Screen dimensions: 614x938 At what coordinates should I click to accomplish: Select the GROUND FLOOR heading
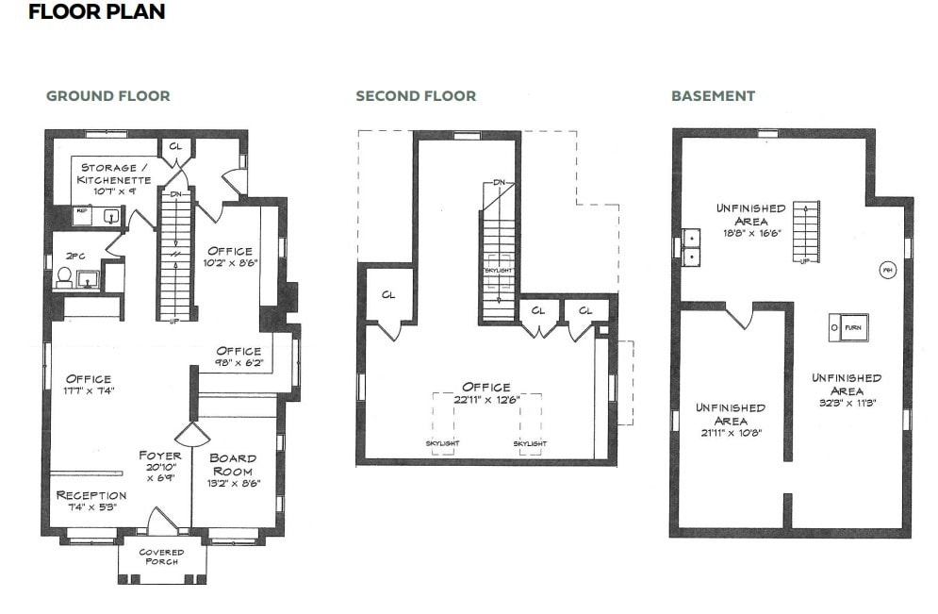point(108,96)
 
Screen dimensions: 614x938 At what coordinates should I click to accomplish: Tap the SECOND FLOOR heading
point(416,96)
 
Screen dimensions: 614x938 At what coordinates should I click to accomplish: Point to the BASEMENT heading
point(713,96)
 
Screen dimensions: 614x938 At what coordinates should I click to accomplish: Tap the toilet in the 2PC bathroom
point(65,276)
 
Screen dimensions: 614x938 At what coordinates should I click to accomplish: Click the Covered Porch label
point(161,556)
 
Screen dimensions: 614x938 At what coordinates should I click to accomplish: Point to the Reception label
point(91,495)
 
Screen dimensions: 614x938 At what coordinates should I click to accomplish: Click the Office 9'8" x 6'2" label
point(239,357)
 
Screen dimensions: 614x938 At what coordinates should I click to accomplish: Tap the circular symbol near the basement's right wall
point(887,269)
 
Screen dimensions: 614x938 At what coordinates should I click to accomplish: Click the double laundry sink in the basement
point(691,247)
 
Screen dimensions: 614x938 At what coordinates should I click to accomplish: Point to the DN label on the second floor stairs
point(501,182)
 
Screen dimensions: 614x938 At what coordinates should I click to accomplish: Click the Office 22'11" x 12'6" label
point(485,392)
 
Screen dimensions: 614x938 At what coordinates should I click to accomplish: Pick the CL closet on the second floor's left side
point(387,295)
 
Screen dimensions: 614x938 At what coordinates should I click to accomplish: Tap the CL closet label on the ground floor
point(175,146)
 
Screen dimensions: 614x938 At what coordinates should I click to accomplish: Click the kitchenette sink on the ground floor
point(111,216)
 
